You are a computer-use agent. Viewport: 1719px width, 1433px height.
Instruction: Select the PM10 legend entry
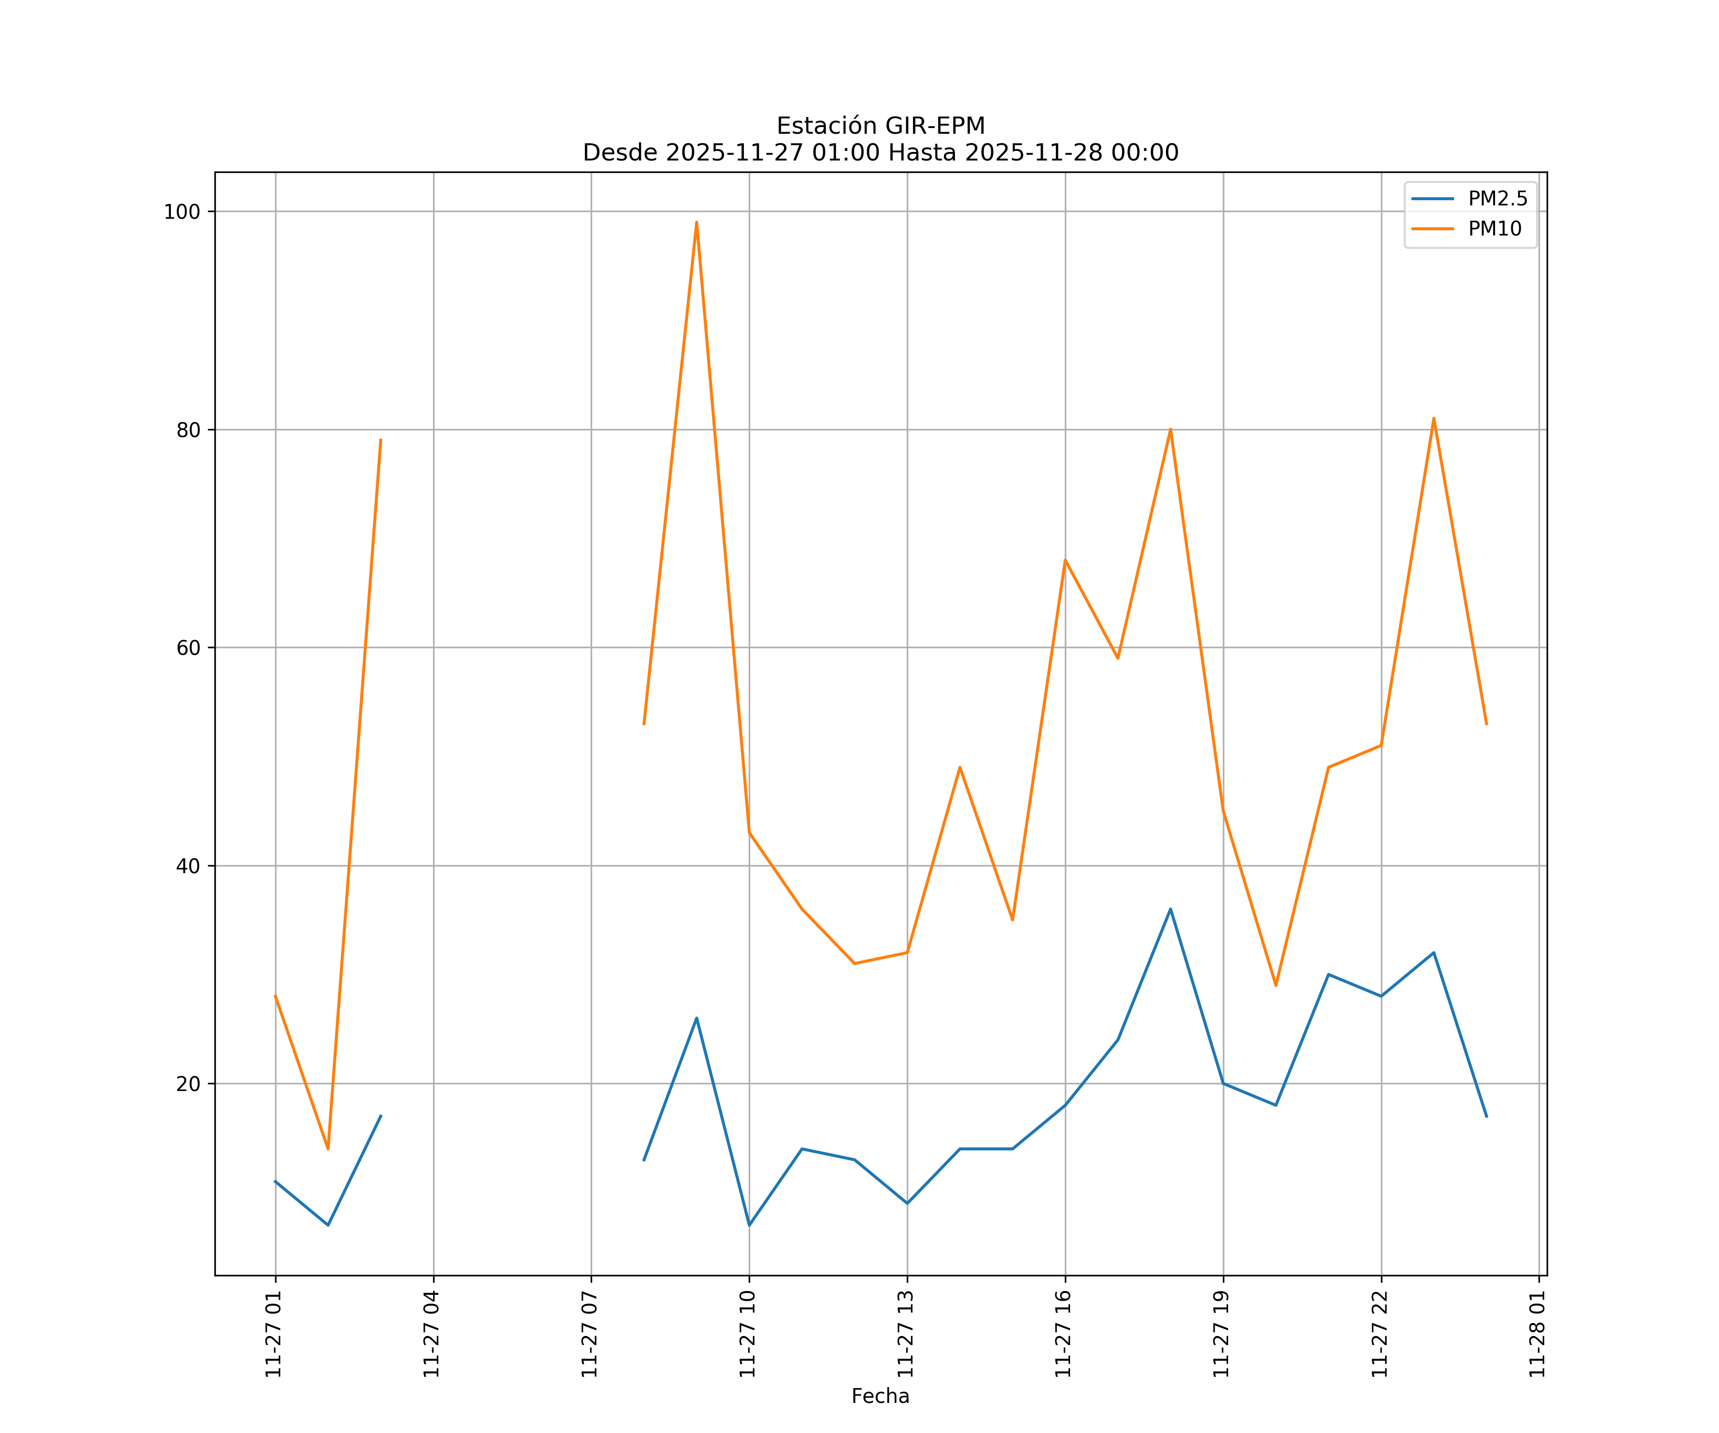[x=1495, y=229]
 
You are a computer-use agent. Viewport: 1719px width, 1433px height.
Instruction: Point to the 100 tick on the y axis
[x=182, y=212]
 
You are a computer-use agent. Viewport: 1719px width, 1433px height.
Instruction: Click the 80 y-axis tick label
[x=188, y=430]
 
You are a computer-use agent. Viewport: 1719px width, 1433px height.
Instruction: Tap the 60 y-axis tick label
[x=188, y=648]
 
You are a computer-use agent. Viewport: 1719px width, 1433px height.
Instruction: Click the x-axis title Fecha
[x=880, y=1396]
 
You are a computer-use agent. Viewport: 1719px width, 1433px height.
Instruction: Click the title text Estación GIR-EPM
[x=880, y=126]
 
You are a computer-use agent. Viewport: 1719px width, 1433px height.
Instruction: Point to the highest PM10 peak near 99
[x=697, y=222]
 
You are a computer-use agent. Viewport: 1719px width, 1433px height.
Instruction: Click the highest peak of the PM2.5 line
[x=1170, y=909]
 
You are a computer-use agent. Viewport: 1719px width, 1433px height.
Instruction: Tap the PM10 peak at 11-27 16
[x=1065, y=560]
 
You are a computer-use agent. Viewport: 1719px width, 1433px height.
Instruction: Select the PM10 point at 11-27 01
[x=276, y=996]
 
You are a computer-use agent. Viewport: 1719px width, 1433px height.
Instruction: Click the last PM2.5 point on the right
[x=1486, y=1117]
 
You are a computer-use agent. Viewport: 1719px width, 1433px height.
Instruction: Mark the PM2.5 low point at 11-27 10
[x=749, y=1225]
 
